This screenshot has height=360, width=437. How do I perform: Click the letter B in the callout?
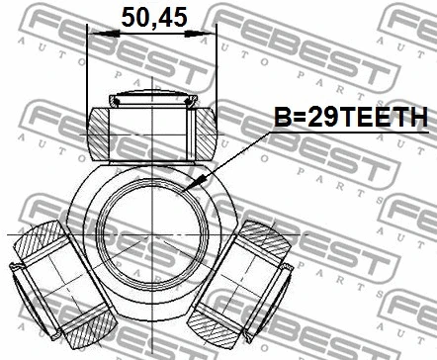282,118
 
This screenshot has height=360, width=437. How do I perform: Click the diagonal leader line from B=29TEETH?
237,153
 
